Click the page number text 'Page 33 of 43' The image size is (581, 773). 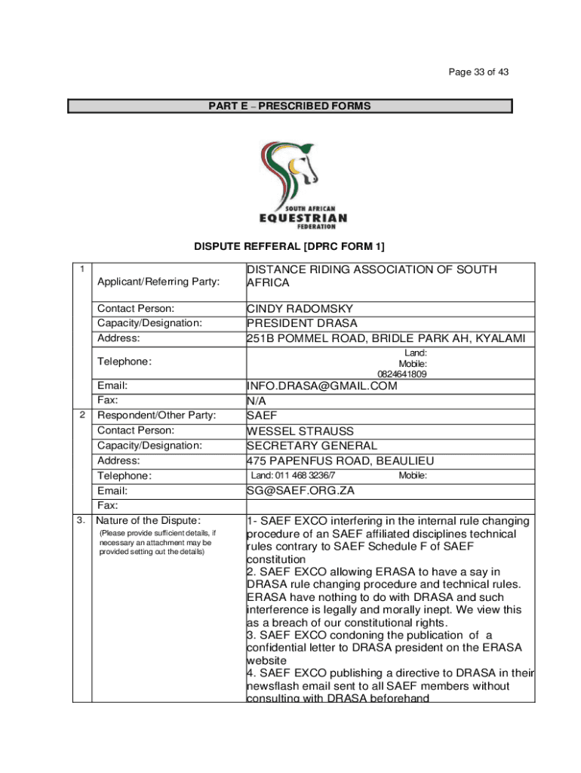478,72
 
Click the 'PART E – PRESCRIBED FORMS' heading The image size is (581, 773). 290,106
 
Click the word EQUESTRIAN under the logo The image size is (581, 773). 303,218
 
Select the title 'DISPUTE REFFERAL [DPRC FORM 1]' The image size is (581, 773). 290,247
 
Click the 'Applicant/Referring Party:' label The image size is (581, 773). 158,282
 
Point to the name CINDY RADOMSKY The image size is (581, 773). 300,309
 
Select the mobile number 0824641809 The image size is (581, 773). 402,374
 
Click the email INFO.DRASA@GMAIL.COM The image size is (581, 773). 321,386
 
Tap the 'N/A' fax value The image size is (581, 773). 257,401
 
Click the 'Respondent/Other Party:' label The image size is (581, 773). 157,415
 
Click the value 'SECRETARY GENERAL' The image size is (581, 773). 312,445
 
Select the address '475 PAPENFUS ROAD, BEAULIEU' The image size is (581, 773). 340,460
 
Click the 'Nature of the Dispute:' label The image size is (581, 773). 149,520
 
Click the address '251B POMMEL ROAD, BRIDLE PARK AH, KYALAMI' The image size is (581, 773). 386,338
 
